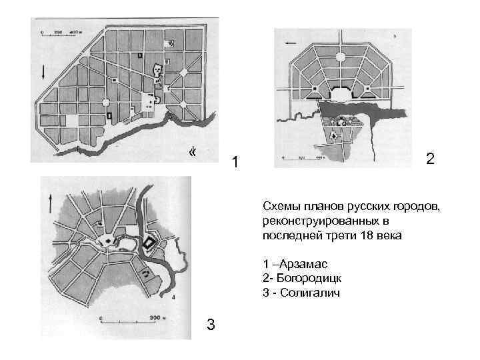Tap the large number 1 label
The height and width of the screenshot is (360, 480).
[x=233, y=162]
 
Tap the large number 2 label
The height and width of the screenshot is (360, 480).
[x=430, y=159]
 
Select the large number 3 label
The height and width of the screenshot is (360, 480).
[x=211, y=325]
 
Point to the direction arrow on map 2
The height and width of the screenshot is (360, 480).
[x=290, y=43]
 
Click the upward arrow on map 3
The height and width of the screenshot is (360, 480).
[x=51, y=199]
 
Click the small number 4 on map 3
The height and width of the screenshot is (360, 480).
[x=173, y=295]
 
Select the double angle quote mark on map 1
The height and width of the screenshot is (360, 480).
[x=193, y=153]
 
